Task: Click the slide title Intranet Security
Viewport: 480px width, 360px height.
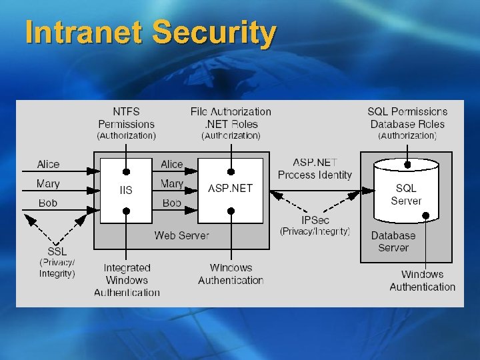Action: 151,33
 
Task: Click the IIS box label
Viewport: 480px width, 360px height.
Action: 125,190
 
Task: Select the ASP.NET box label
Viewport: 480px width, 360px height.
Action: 231,188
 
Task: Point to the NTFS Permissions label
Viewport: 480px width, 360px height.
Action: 126,118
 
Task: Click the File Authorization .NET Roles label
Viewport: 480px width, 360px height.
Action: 231,118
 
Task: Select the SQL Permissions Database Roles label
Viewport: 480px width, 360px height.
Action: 407,118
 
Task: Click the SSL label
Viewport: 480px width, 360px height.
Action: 57,251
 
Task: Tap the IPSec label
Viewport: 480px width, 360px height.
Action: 315,220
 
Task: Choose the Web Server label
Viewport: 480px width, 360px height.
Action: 181,235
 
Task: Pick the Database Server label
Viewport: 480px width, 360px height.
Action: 393,241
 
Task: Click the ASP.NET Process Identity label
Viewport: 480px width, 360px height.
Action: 315,169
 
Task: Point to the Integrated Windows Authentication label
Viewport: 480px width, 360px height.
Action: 127,280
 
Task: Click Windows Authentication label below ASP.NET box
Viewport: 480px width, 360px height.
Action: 231,274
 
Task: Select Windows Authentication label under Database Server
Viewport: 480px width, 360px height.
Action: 422,281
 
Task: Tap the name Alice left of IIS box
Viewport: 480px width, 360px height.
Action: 48,164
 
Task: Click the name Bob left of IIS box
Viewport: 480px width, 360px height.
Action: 48,203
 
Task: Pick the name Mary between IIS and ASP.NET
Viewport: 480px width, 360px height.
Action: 172,183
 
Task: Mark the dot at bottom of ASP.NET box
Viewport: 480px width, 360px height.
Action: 231,211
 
